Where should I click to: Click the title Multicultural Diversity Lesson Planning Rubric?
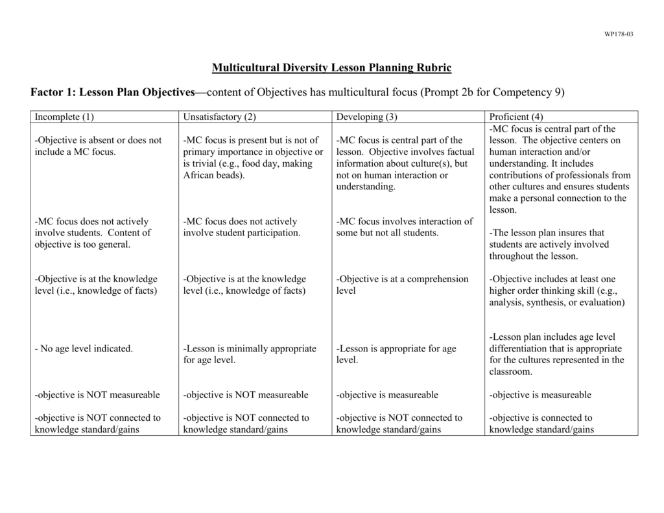331,67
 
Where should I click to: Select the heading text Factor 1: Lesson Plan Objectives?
113,92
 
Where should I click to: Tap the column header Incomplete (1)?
64,117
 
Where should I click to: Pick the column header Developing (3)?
366,117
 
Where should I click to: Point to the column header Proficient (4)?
516,117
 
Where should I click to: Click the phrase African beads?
214,175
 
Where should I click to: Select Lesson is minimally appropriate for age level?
250,354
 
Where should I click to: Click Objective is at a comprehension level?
402,285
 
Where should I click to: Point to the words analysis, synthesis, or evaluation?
557,302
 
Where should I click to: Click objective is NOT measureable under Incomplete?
97,394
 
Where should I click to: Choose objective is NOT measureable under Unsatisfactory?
246,394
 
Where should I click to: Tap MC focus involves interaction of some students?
405,227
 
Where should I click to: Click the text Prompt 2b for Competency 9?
493,92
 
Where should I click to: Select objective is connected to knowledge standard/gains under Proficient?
541,424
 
